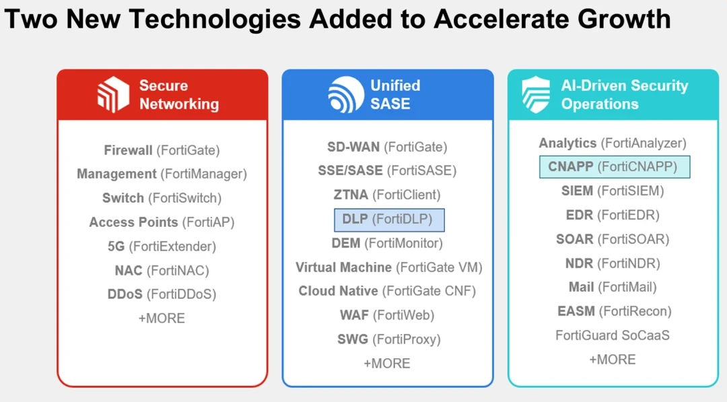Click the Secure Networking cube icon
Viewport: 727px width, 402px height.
click(x=113, y=94)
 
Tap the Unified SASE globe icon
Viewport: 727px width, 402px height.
click(x=346, y=94)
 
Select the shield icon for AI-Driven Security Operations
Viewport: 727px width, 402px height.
click(x=536, y=94)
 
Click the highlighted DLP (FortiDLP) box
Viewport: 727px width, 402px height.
click(x=389, y=220)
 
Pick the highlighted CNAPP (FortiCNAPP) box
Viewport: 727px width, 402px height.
click(x=615, y=167)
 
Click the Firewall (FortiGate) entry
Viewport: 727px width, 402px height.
click(x=162, y=150)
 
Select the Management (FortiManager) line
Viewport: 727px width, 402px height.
click(x=162, y=174)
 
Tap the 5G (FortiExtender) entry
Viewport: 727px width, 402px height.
click(x=162, y=246)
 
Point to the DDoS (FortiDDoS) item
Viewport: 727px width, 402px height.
click(x=162, y=294)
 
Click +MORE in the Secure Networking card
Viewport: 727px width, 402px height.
click(x=162, y=318)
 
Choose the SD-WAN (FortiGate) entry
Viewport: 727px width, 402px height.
click(x=387, y=147)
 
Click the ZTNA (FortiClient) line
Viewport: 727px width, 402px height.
click(x=387, y=195)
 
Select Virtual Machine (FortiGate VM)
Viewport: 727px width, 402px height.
click(x=389, y=267)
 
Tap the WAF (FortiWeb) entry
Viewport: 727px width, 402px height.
click(x=387, y=315)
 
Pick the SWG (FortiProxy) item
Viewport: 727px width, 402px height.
click(x=389, y=339)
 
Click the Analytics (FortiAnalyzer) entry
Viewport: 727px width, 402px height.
click(x=613, y=143)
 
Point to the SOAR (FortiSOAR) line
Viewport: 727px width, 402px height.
click(x=613, y=239)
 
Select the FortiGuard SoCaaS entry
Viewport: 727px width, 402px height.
click(x=613, y=335)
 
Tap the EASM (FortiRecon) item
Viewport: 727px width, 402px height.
click(x=615, y=311)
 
